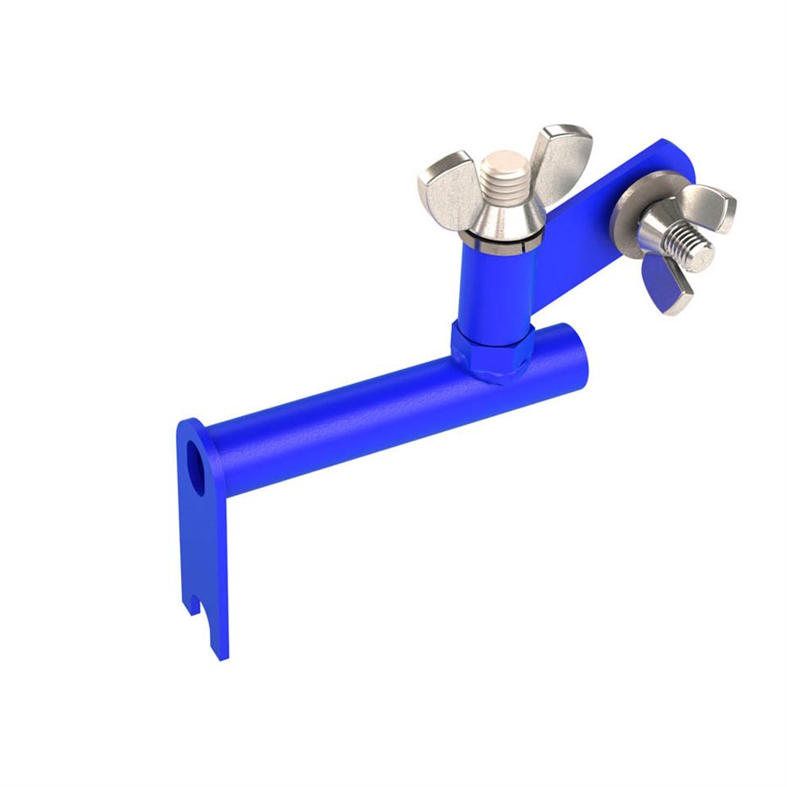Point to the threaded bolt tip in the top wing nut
(x=505, y=175)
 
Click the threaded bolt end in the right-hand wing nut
(x=691, y=247)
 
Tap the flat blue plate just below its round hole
(x=203, y=533)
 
